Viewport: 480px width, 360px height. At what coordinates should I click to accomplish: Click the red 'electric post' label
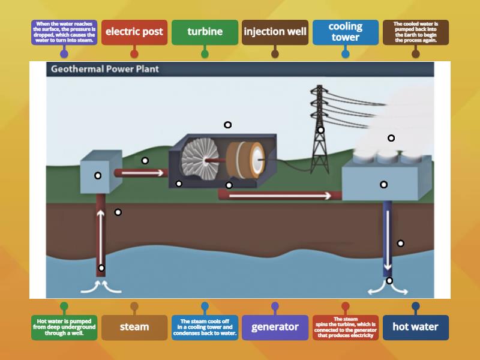pyautogui.click(x=134, y=32)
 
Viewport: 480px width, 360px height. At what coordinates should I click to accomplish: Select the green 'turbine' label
pyautogui.click(x=205, y=32)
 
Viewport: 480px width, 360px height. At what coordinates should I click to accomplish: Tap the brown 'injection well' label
pyautogui.click(x=275, y=32)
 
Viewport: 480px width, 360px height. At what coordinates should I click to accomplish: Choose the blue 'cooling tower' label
pyautogui.click(x=345, y=32)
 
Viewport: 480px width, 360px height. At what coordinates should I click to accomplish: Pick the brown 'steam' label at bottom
pyautogui.click(x=134, y=327)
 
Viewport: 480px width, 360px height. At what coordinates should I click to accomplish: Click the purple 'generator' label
pyautogui.click(x=275, y=327)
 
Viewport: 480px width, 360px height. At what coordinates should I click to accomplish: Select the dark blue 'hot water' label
pyautogui.click(x=415, y=327)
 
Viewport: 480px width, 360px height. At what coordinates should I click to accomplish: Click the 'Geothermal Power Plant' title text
pyautogui.click(x=105, y=69)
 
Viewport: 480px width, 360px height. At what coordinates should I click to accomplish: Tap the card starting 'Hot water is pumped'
pyautogui.click(x=64, y=327)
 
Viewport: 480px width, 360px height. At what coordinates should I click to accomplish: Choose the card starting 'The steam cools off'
pyautogui.click(x=205, y=327)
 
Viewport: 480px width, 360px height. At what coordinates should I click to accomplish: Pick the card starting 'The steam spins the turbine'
pyautogui.click(x=345, y=327)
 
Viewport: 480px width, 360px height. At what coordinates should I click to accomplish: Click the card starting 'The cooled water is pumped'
pyautogui.click(x=415, y=32)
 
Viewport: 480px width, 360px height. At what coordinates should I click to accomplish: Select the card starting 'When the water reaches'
pyautogui.click(x=64, y=32)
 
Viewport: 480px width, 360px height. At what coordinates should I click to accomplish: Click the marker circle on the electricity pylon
pyautogui.click(x=321, y=130)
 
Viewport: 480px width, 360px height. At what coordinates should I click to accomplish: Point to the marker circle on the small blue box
pyautogui.click(x=98, y=176)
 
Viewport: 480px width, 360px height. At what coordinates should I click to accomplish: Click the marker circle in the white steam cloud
pyautogui.click(x=391, y=138)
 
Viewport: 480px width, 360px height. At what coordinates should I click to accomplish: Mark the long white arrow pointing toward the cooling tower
pyautogui.click(x=279, y=196)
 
